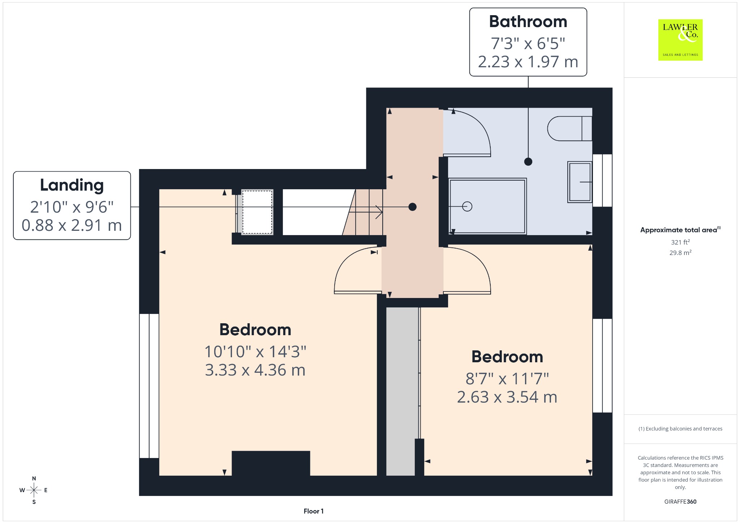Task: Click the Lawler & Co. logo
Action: tap(680, 40)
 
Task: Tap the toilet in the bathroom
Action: tap(569, 129)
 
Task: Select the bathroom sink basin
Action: tap(580, 182)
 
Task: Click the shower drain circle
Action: tap(467, 206)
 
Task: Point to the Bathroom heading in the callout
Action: tap(528, 22)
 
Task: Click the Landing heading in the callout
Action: tap(72, 185)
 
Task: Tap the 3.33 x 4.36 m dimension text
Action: tap(255, 370)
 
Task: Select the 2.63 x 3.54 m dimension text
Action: tap(507, 397)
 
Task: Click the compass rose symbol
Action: tap(34, 490)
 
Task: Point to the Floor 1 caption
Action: tap(314, 511)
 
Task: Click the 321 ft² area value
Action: tap(680, 242)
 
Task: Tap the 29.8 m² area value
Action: tap(680, 252)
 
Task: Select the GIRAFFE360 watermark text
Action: tap(680, 502)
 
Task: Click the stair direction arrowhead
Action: tap(379, 212)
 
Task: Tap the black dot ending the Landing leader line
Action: tap(412, 207)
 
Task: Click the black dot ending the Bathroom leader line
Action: tap(528, 161)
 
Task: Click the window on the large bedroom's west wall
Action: tap(149, 386)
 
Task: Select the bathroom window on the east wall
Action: tap(602, 180)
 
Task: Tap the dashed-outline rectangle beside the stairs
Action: tap(257, 212)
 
